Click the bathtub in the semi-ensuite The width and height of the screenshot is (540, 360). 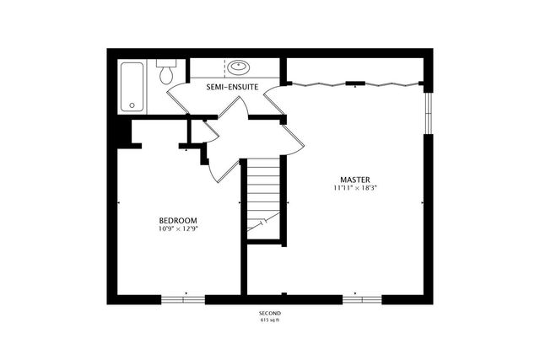[132, 86]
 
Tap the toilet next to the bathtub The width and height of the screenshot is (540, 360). [166, 73]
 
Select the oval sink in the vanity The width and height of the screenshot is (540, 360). [238, 67]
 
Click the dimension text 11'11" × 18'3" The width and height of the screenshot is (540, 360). [354, 188]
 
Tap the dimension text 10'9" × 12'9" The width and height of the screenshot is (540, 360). [178, 228]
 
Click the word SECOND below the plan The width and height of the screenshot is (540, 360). [269, 313]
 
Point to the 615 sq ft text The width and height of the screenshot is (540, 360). [269, 320]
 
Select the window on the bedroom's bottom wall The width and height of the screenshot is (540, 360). [183, 298]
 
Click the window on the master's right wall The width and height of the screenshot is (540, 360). [428, 112]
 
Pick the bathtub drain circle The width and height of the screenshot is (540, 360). [131, 105]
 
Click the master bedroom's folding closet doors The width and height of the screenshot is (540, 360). [354, 83]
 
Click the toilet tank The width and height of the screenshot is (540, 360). [166, 64]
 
